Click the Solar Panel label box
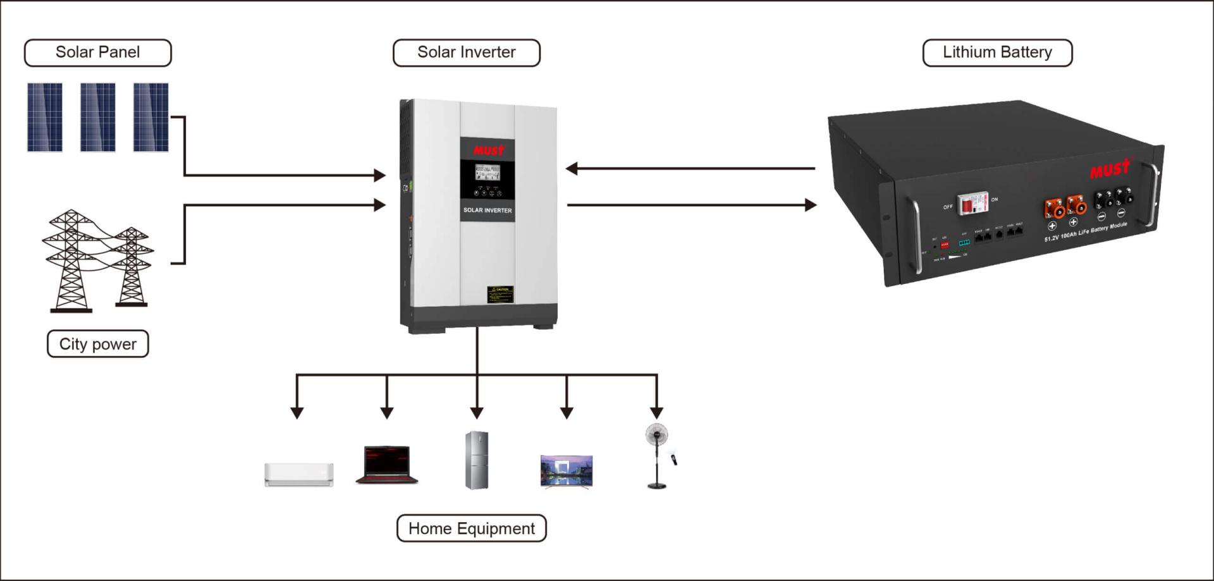click(x=97, y=52)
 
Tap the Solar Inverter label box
click(x=466, y=52)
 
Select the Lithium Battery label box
click(x=997, y=52)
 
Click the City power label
click(x=97, y=344)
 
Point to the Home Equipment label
click(x=471, y=529)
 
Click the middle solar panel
click(x=97, y=117)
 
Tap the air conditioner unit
click(x=298, y=474)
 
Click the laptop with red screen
click(x=387, y=465)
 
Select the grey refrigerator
click(x=477, y=460)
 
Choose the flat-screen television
click(x=567, y=471)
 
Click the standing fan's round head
click(x=656, y=435)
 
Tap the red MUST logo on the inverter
click(x=488, y=150)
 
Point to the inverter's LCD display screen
click(x=487, y=173)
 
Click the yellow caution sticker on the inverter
click(x=500, y=294)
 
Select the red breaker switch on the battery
click(x=968, y=204)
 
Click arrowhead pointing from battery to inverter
click(x=572, y=169)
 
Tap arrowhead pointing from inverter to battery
click(x=811, y=205)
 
